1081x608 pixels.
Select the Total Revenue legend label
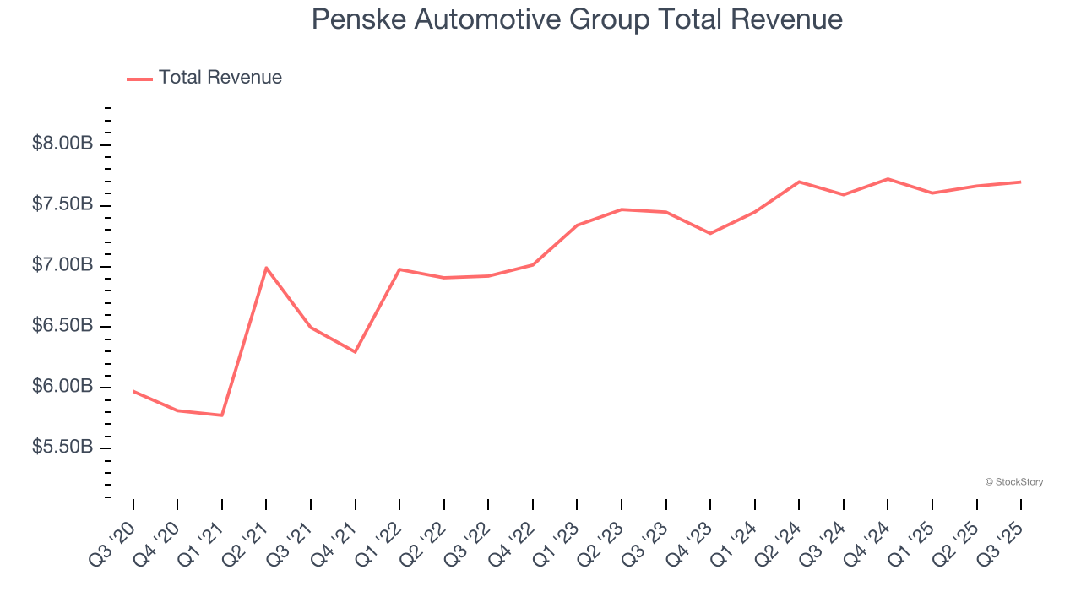tap(220, 78)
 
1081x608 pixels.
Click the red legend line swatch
tap(139, 79)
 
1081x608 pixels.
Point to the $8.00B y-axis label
tap(62, 144)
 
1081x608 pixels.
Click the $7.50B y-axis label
tap(62, 204)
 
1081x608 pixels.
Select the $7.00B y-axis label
tap(62, 265)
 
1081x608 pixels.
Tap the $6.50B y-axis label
tap(62, 326)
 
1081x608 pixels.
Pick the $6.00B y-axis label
tap(62, 387)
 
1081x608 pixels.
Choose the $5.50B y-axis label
tap(62, 447)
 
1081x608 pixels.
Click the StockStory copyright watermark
tap(1014, 482)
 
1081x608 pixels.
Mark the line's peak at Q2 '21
tap(266, 268)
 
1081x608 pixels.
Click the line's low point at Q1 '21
tap(222, 415)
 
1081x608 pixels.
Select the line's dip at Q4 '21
tap(356, 352)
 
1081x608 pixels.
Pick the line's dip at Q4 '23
tap(710, 233)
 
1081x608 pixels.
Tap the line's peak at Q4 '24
tap(888, 179)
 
